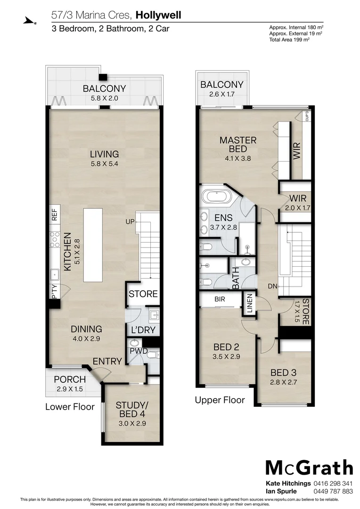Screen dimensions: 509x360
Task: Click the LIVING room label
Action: point(105,154)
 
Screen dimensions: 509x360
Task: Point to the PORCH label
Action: point(70,379)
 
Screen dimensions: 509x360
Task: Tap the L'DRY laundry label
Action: point(143,330)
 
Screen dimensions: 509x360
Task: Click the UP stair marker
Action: point(130,222)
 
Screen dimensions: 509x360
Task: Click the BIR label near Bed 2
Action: point(219,299)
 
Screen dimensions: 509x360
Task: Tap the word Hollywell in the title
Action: point(158,15)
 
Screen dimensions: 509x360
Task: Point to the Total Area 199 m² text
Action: point(289,39)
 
